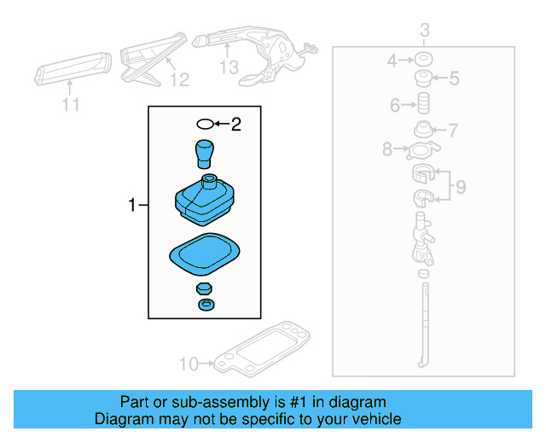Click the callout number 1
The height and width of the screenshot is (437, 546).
[x=131, y=205]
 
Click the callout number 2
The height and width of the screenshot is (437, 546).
[x=236, y=125]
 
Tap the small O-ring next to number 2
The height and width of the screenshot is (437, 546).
[x=204, y=125]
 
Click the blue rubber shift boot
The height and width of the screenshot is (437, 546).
[x=205, y=197]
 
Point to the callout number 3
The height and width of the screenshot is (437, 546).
[x=425, y=32]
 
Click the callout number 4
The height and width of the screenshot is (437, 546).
[x=392, y=61]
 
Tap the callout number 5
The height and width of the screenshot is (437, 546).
[x=455, y=79]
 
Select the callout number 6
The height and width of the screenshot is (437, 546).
[x=395, y=106]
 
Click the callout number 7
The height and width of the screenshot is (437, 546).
[x=453, y=131]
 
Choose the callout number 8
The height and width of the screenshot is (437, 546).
[x=387, y=150]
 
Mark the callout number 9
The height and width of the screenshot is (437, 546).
[x=460, y=187]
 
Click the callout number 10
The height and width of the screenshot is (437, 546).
[x=188, y=364]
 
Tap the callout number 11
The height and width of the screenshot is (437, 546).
[x=71, y=105]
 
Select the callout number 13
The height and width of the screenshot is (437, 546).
[x=229, y=67]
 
